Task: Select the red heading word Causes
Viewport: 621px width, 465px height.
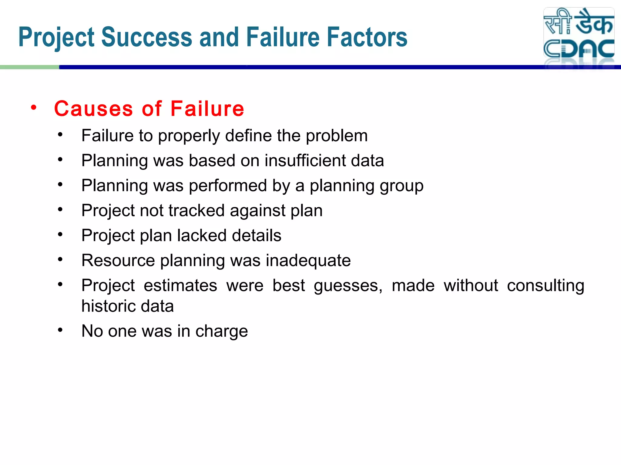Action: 93,109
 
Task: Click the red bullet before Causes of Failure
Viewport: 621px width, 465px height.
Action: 34,107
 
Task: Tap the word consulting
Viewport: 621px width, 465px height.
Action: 545,286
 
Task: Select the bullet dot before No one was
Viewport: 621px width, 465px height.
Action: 60,330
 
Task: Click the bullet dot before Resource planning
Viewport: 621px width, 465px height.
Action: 60,259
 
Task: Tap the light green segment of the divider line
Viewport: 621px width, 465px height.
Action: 29,67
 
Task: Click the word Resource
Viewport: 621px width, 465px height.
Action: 118,260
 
